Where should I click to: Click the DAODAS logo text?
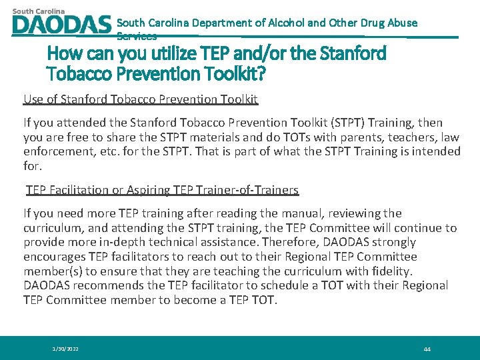61,25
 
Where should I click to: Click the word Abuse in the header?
402,23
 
